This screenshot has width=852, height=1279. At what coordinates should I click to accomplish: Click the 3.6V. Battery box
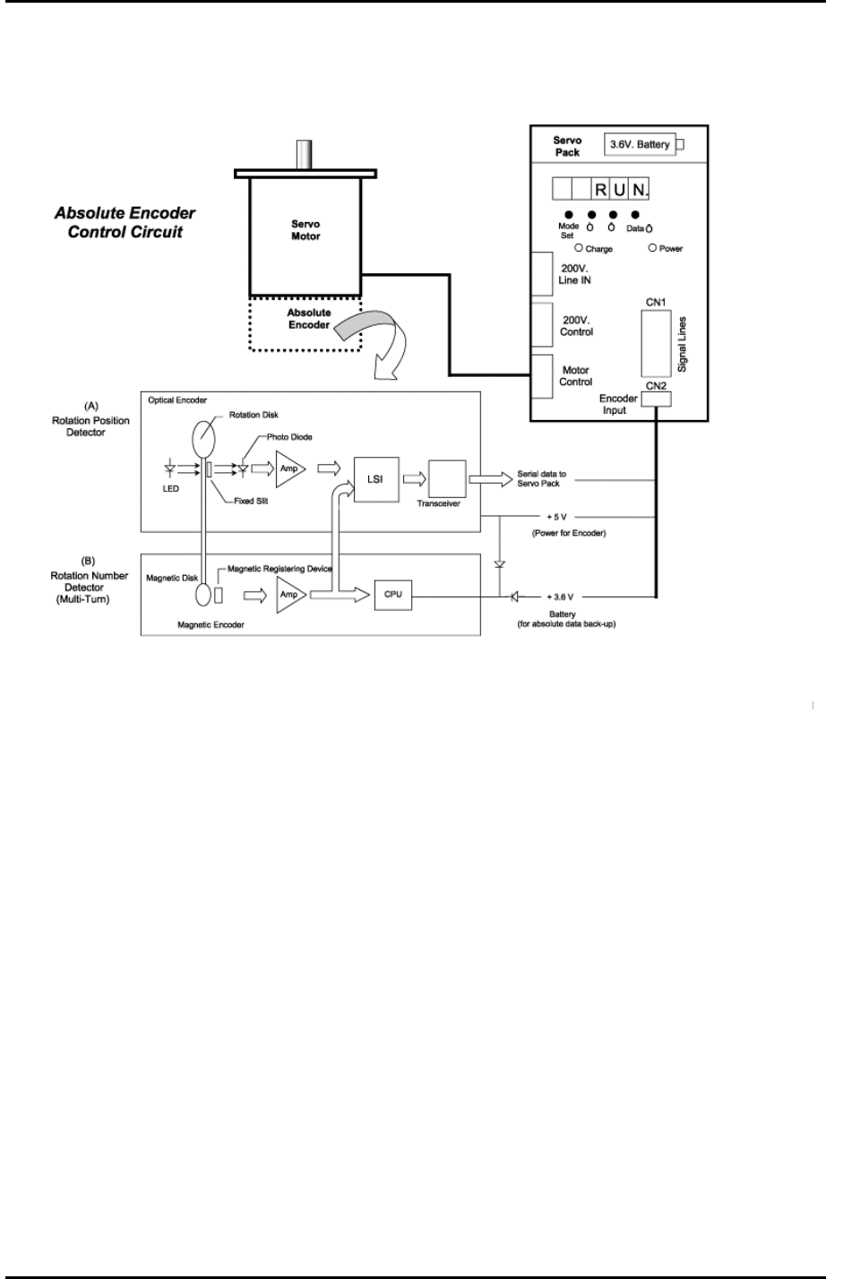tap(640, 144)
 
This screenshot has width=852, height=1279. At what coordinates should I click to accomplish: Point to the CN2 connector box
tap(656, 399)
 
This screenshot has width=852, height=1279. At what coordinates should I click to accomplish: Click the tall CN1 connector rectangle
tap(655, 344)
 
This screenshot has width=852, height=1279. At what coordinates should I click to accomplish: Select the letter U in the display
tap(619, 191)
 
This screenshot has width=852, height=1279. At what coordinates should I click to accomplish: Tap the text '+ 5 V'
tap(556, 517)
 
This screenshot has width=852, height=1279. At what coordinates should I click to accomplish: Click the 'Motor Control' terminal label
tap(575, 375)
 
